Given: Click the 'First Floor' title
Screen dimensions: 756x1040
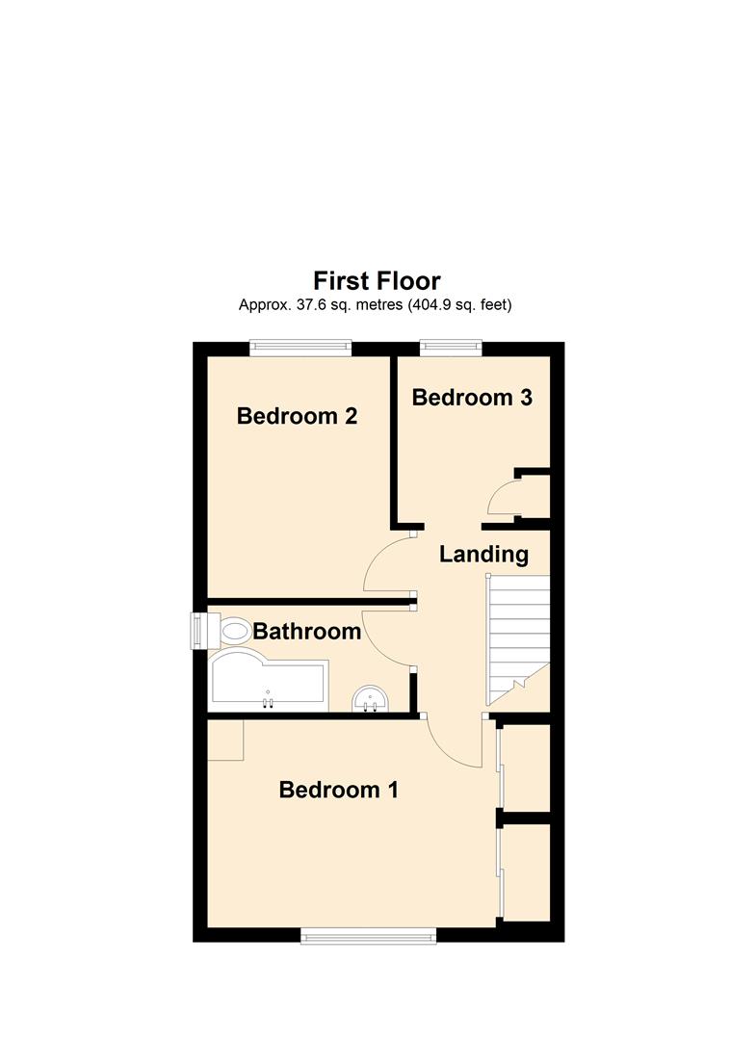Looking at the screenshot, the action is (377, 281).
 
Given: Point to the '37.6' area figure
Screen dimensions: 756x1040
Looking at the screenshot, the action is (302, 305).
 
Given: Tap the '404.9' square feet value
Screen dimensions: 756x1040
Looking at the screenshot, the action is (431, 305).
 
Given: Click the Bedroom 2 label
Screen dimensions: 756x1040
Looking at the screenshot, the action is (297, 416).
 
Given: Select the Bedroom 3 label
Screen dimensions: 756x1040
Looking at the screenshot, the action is (472, 398).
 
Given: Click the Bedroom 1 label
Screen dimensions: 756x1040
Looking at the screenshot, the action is (339, 790).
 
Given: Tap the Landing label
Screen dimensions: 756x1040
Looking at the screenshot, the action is (484, 554).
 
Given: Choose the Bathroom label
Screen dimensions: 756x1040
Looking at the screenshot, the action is (307, 631).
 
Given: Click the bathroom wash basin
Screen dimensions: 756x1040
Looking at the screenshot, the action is (370, 699).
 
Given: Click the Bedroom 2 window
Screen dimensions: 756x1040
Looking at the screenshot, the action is (300, 349).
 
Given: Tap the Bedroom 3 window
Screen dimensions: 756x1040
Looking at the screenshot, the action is (451, 349).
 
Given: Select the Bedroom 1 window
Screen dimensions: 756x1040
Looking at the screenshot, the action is (369, 935).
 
